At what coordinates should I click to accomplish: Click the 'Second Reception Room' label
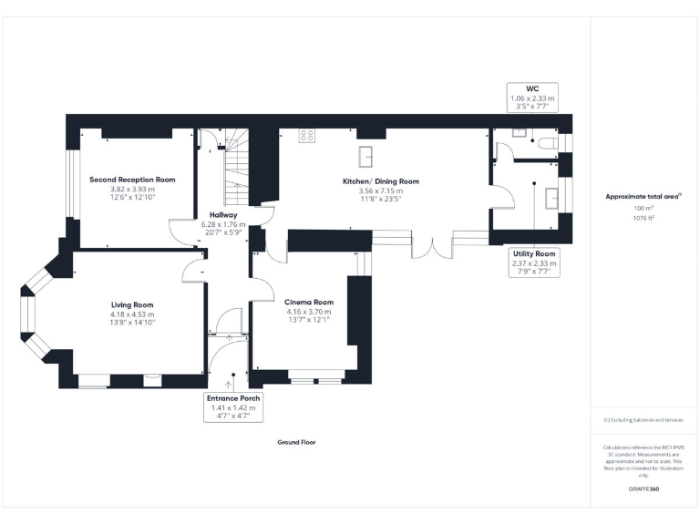(132, 180)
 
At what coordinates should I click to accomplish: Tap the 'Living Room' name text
(132, 304)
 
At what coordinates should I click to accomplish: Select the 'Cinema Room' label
(309, 302)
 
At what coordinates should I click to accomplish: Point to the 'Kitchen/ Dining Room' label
(381, 181)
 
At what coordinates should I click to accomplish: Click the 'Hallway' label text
(223, 215)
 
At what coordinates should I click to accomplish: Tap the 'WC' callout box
(533, 98)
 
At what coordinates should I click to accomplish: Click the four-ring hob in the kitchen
(307, 136)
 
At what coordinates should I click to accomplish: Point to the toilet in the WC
(547, 142)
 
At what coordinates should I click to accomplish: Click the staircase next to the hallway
(235, 164)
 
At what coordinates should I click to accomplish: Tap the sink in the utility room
(551, 197)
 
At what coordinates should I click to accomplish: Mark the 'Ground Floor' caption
(296, 442)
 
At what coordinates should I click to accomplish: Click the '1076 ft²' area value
(644, 218)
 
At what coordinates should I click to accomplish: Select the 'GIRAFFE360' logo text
(643, 489)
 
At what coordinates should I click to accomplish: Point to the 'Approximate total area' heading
(643, 196)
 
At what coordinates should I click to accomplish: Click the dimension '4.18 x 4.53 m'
(132, 314)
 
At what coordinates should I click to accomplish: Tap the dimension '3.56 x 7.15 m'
(381, 191)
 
